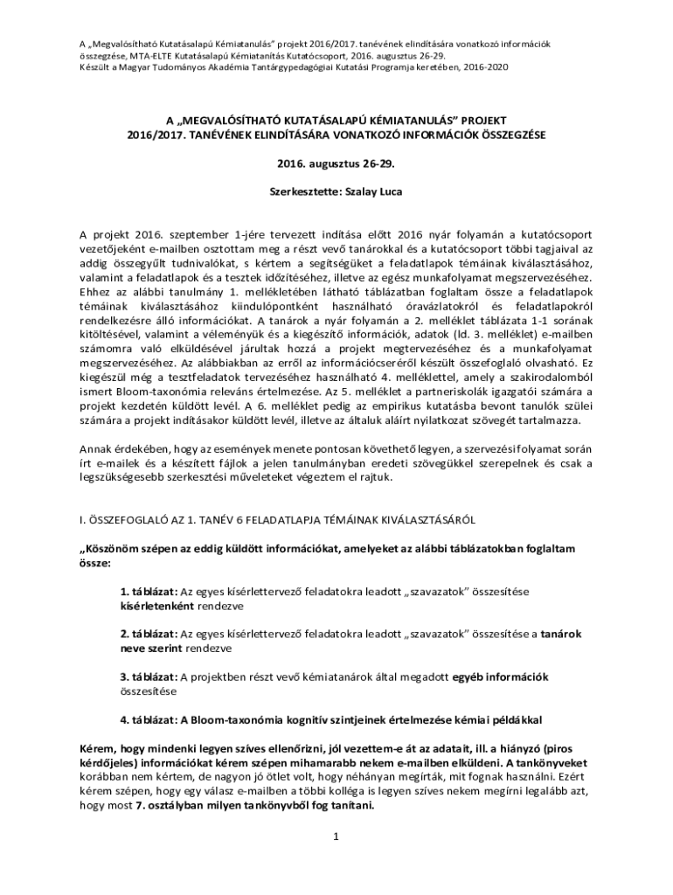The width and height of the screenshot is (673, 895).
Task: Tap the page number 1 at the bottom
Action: pyautogui.click(x=336, y=836)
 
